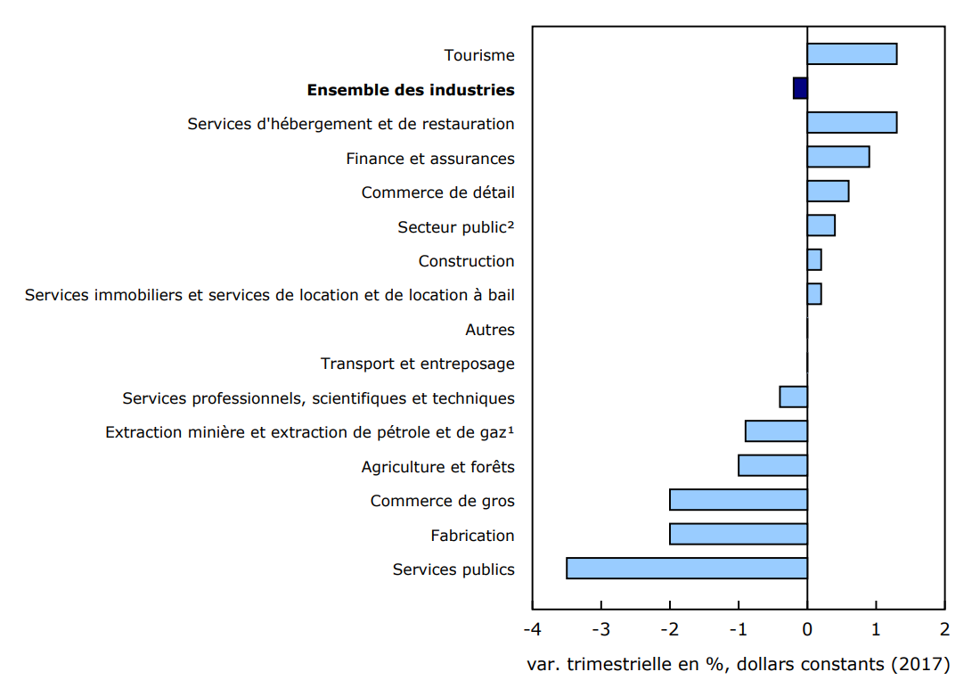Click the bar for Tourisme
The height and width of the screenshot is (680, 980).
(852, 53)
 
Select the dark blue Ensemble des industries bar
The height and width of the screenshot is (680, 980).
(800, 88)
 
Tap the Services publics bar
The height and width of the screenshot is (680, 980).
(686, 569)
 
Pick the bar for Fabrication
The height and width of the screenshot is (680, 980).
(738, 534)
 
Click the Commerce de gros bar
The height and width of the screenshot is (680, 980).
(738, 500)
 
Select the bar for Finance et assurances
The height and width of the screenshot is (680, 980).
(837, 157)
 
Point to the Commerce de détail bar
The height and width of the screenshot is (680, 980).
(828, 192)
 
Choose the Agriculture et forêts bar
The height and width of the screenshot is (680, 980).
(772, 465)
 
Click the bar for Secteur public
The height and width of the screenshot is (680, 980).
(821, 225)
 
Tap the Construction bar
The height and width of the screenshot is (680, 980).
(814, 260)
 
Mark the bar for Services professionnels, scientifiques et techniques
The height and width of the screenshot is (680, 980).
(793, 397)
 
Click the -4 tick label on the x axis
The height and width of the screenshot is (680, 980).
(532, 630)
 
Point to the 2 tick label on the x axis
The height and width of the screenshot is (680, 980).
(944, 630)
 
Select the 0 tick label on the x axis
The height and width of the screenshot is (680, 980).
(807, 630)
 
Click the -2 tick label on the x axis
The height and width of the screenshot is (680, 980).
(669, 630)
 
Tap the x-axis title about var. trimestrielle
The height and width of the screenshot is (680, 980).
(739, 664)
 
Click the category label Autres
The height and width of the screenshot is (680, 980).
(489, 330)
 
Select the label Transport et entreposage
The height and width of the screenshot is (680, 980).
(417, 364)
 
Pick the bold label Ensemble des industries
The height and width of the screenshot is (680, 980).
(410, 90)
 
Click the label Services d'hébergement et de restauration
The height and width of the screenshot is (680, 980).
(350, 124)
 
